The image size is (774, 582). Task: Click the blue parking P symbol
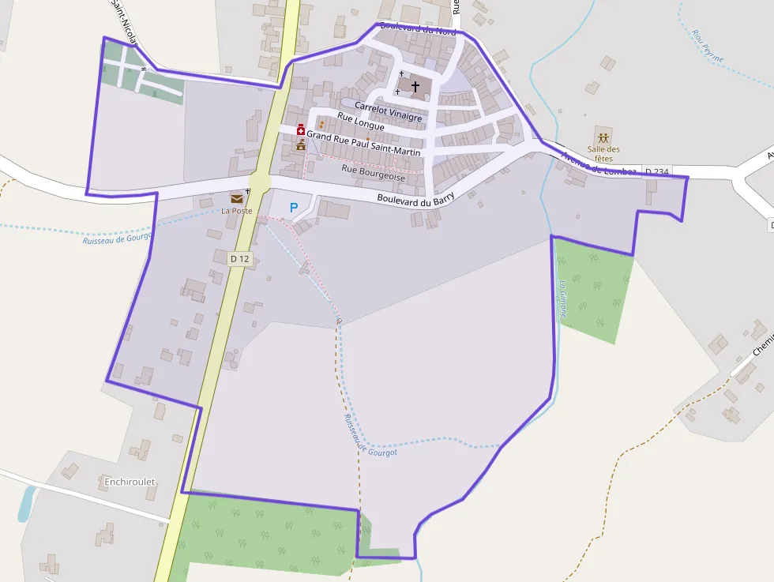(x=294, y=208)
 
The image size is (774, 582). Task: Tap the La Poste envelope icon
(x=236, y=198)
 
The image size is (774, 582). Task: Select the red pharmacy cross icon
(x=301, y=130)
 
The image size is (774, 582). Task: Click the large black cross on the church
(x=415, y=85)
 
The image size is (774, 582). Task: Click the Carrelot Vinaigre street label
(x=388, y=111)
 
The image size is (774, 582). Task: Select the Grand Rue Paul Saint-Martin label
(x=365, y=142)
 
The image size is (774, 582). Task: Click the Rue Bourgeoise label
(x=373, y=173)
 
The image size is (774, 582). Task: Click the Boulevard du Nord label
(x=419, y=29)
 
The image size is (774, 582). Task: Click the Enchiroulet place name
(x=130, y=481)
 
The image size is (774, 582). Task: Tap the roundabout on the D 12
(x=259, y=182)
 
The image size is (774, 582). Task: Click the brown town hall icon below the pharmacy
(x=300, y=145)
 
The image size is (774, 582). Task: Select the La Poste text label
(x=236, y=211)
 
